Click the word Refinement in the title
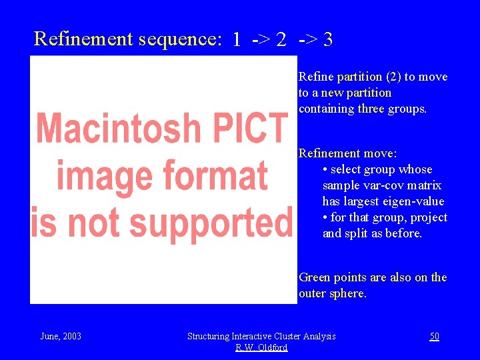pos(83,39)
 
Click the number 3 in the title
pos(327,40)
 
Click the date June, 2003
pos(61,336)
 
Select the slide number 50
pos(434,336)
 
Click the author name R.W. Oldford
pos(261,347)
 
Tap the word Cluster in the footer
pos(288,336)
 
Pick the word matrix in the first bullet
pos(426,185)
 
